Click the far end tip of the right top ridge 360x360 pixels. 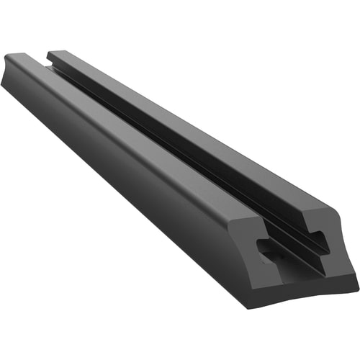point(49,51)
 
